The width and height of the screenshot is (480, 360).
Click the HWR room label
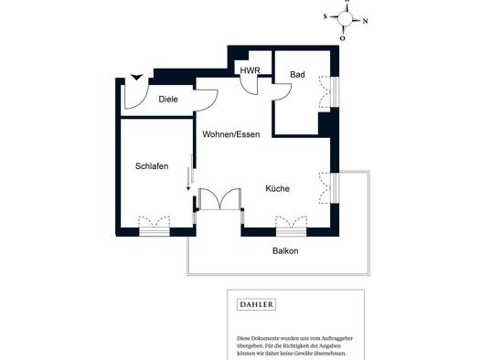(x=250, y=70)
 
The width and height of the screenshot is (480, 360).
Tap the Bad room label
(x=297, y=74)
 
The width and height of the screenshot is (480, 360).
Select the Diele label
(x=168, y=99)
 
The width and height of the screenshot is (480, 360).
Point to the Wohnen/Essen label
(x=231, y=134)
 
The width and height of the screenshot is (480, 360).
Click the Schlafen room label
(x=152, y=166)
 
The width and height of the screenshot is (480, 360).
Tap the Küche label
(x=277, y=188)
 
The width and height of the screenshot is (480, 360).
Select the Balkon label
(x=285, y=250)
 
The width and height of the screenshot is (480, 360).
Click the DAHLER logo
(x=257, y=304)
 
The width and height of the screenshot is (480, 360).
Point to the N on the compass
(x=365, y=21)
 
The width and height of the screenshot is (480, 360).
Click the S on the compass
(x=325, y=16)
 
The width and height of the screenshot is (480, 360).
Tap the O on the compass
(x=342, y=38)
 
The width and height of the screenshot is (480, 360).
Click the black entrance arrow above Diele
(x=136, y=77)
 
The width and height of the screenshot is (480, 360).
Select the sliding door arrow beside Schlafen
(x=188, y=179)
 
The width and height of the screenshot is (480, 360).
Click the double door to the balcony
(x=219, y=199)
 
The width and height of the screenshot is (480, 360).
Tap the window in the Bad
(x=335, y=91)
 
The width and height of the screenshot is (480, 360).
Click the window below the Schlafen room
(x=155, y=231)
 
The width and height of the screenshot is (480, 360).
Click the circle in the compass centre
(x=345, y=18)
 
